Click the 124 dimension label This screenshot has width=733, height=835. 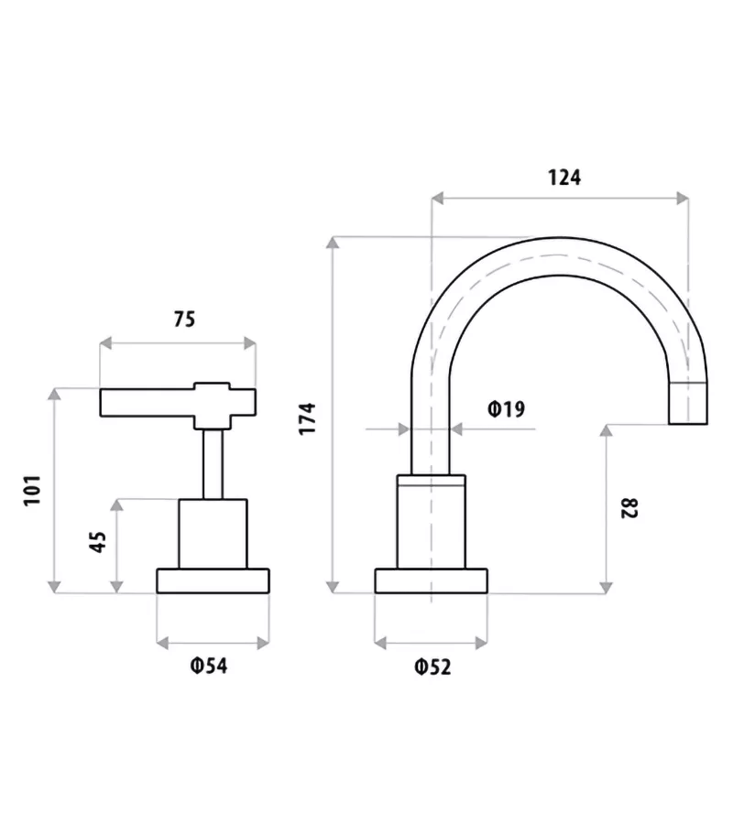(564, 178)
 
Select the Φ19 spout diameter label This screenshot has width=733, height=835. (507, 409)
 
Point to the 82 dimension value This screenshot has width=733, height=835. (629, 508)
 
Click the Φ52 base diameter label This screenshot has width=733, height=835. (432, 667)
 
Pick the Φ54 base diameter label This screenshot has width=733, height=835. (209, 667)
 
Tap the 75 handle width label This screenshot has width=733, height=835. (184, 320)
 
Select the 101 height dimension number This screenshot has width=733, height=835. (33, 492)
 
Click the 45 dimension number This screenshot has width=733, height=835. (96, 543)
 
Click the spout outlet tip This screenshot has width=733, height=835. (688, 404)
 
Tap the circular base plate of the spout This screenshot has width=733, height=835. (431, 580)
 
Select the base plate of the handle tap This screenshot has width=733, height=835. (213, 580)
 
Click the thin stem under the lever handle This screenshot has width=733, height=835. (213, 463)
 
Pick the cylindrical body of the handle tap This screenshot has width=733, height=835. (213, 534)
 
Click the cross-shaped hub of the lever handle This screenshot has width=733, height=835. (213, 404)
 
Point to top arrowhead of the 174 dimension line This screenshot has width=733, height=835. (334, 243)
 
